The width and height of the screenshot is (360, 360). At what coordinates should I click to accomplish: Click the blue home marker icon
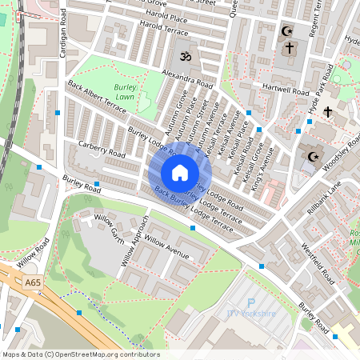(179, 173)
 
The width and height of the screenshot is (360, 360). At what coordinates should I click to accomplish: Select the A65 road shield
(32, 282)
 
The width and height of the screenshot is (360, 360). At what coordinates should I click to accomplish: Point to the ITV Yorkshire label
(250, 313)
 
